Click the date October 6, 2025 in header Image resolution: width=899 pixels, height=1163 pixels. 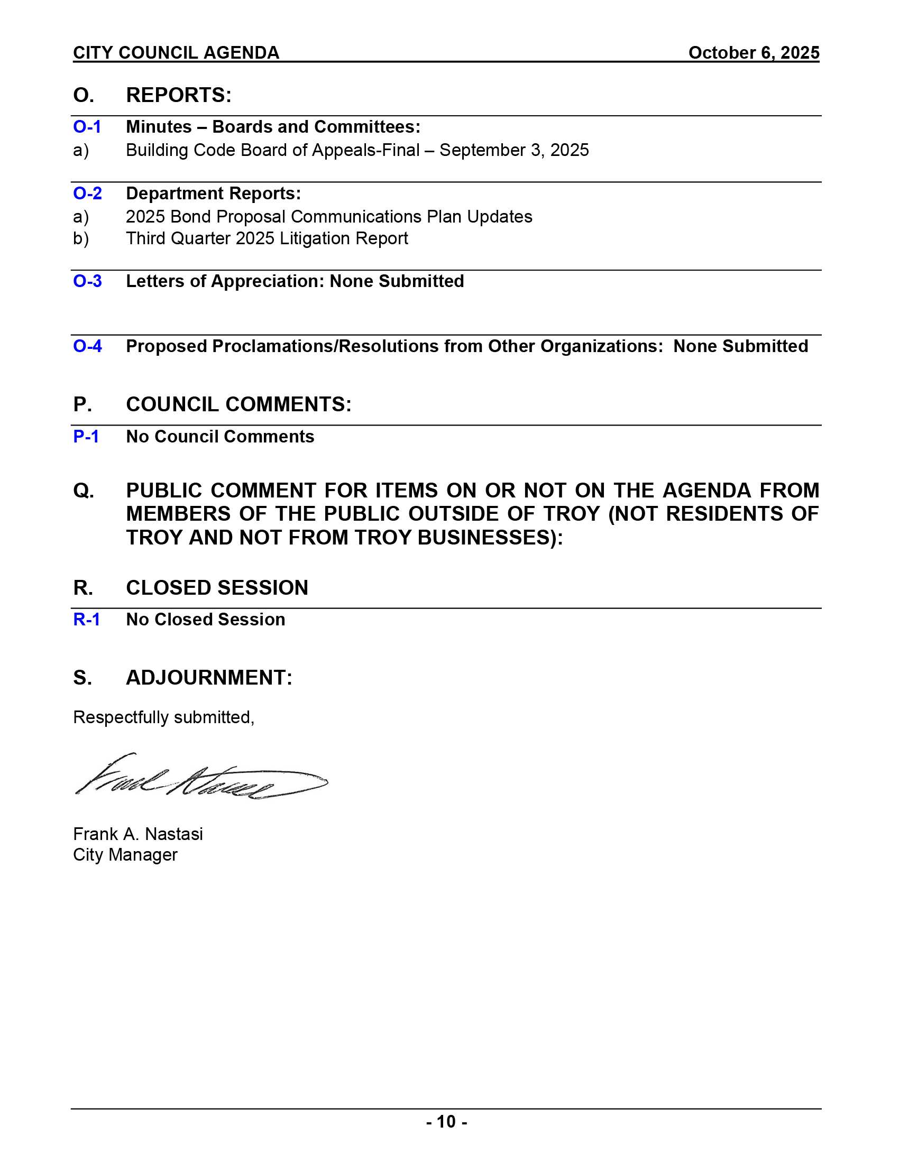(x=753, y=53)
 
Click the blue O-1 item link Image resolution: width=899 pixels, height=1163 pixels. (x=87, y=127)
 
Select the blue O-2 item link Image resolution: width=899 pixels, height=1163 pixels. (x=87, y=193)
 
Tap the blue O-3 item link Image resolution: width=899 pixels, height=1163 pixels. (x=87, y=281)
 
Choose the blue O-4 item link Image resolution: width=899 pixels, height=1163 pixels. (x=87, y=346)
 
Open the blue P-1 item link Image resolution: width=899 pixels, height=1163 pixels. (x=86, y=437)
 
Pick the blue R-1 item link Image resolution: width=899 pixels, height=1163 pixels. (x=86, y=620)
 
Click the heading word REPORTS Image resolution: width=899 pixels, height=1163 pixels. (x=178, y=95)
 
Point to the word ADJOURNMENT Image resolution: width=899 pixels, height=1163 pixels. (x=209, y=678)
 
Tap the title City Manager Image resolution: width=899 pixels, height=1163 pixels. (x=125, y=855)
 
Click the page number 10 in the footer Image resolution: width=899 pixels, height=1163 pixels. (x=446, y=1122)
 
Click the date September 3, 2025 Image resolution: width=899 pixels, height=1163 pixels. (x=514, y=150)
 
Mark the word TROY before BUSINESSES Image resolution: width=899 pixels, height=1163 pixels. (x=383, y=538)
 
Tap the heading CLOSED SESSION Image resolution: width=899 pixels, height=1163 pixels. (x=217, y=588)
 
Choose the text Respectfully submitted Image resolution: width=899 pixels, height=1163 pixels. (x=163, y=717)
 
